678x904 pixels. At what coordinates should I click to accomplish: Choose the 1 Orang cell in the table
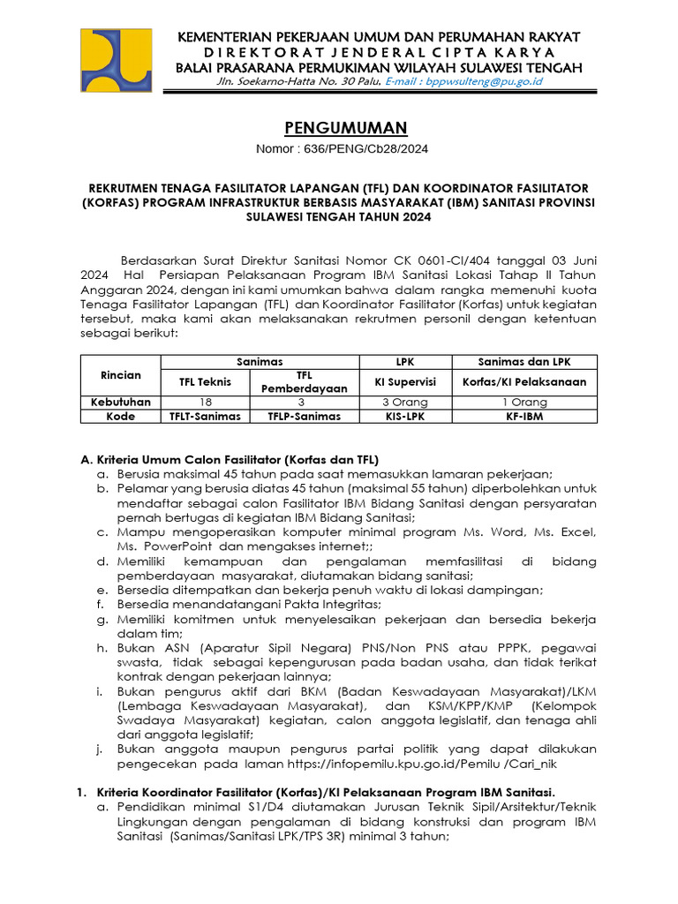coord(524,402)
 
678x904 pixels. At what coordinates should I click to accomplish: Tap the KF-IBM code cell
coord(524,416)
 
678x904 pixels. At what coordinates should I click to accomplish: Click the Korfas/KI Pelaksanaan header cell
coord(524,381)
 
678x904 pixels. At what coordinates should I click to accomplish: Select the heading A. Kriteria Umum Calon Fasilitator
coord(230,460)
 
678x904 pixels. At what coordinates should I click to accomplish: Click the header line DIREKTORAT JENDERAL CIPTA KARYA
coord(378,52)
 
